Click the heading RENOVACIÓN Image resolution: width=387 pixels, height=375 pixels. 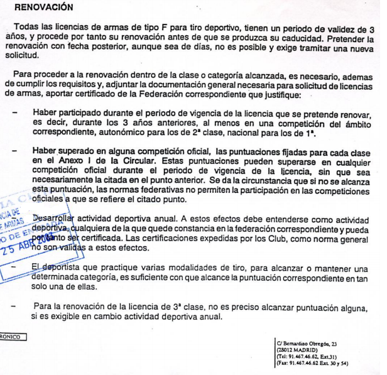tap(43, 8)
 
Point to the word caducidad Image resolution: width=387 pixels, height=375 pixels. tap(317, 38)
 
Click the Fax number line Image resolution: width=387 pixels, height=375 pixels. tap(312, 363)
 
